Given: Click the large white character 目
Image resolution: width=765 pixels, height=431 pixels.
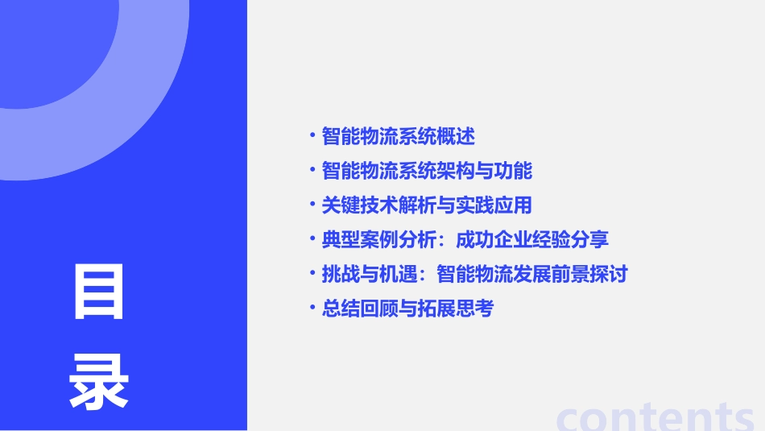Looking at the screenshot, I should coord(99,291).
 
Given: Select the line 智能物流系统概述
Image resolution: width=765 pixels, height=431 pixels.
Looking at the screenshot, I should coord(398,136).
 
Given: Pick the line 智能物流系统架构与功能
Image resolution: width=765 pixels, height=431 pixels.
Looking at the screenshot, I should coord(427,171).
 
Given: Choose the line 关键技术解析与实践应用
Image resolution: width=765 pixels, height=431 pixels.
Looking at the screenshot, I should coord(427,205).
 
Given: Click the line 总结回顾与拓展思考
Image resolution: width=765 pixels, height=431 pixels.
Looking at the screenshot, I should coord(407,309).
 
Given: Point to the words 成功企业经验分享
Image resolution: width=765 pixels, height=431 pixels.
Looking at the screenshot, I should coord(532,240).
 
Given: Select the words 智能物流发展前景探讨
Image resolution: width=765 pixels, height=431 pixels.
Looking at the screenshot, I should coord(532,274).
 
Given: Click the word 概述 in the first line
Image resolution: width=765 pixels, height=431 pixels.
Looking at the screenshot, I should coord(456,136).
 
